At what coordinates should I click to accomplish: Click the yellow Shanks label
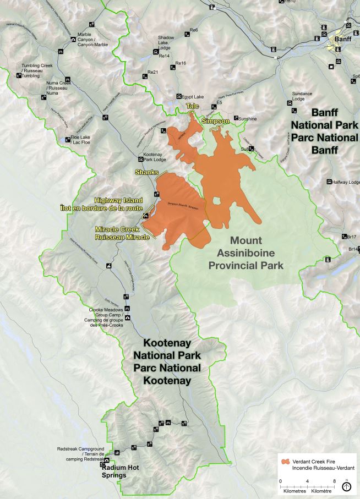coord(146,172)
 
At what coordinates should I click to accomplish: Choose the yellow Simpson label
coord(215,120)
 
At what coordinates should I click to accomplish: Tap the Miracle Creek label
coord(122,233)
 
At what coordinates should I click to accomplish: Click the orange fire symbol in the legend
coord(285,462)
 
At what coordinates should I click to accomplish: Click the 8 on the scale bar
coord(334,481)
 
